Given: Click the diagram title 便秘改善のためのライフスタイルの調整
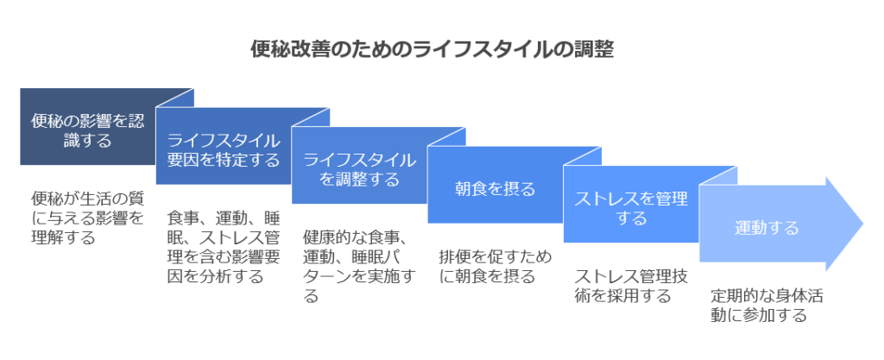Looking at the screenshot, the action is click(x=432, y=49).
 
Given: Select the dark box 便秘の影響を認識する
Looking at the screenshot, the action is click(x=88, y=126).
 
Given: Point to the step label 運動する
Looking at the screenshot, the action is click(x=767, y=228).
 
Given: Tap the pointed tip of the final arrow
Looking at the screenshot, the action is click(x=862, y=224).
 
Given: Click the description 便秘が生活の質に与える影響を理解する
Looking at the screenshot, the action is click(x=87, y=218).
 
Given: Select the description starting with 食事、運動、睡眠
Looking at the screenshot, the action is click(x=224, y=247).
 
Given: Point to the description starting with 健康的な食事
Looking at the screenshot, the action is click(x=360, y=266).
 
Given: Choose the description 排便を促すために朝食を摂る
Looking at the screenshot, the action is click(x=496, y=267).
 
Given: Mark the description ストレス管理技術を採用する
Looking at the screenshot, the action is click(x=631, y=286).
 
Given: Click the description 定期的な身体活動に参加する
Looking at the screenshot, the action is click(x=767, y=306).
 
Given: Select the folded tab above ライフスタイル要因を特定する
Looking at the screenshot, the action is click(x=174, y=98).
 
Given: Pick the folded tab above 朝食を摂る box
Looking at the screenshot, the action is click(x=446, y=137).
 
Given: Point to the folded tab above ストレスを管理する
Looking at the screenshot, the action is click(x=583, y=156).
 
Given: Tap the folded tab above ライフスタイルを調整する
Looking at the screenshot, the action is click(x=311, y=117).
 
